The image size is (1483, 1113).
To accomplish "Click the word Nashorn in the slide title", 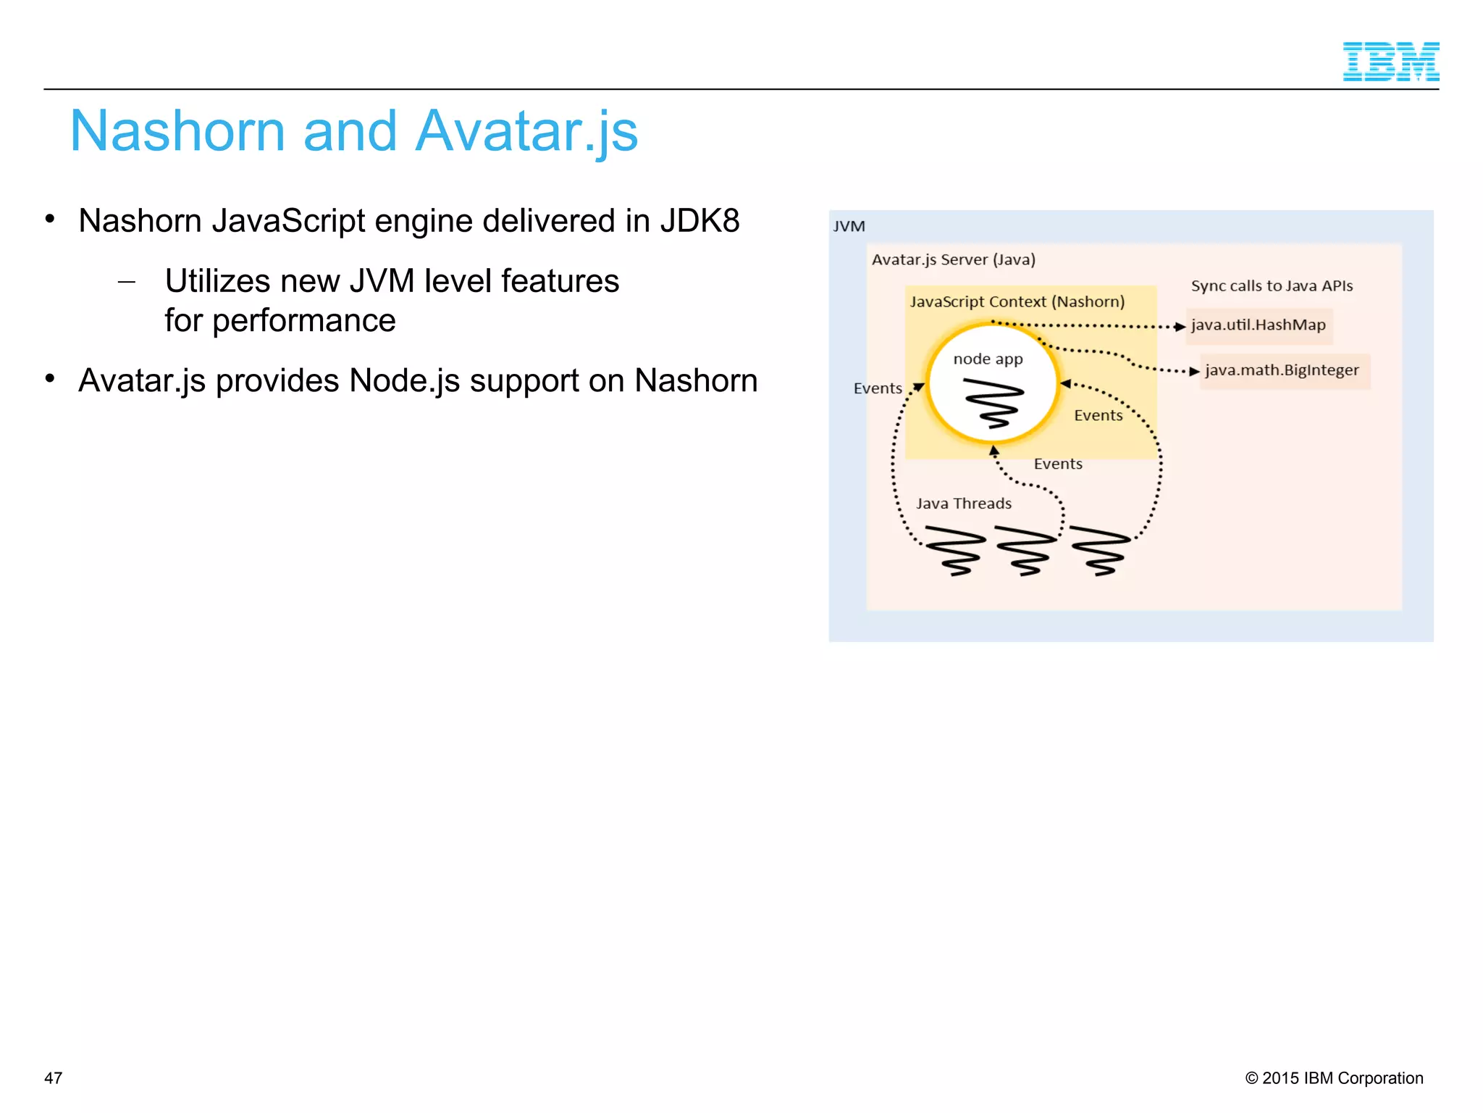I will pos(177,131).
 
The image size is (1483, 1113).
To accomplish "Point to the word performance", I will pos(304,320).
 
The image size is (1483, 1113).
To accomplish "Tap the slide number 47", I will pos(54,1077).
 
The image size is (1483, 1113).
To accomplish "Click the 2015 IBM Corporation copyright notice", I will pos(1334,1077).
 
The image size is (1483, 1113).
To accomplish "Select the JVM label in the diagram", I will pos(849,227).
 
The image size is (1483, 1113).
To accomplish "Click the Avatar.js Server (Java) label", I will pos(953,259).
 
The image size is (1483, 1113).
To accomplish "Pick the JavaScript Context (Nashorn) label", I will pos(1017,301).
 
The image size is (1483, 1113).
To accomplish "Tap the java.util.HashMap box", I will pos(1259,325).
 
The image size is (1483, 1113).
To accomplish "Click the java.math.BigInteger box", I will pos(1282,370).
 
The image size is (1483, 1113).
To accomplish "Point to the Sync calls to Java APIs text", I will pos(1272,285).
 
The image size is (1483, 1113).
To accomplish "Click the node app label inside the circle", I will pos(988,359).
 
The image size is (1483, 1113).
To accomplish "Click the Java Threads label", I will pos(963,504).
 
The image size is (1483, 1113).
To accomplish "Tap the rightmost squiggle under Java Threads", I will pos(1101,551).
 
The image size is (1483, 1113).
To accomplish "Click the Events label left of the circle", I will pos(878,388).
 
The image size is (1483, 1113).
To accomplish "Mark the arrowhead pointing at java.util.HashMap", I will pos(1180,327).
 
